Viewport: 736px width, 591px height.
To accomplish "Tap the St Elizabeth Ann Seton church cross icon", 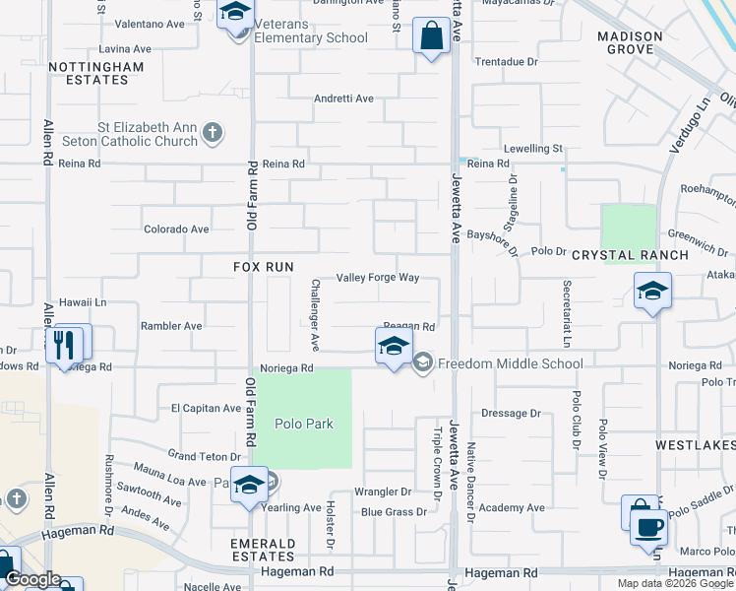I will (x=213, y=133).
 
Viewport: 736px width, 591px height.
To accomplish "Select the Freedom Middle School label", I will (x=510, y=363).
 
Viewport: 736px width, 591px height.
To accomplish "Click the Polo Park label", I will (x=304, y=425).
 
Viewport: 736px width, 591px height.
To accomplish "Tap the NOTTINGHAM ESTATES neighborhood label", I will (x=96, y=73).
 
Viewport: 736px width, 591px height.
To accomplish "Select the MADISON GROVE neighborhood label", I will (x=630, y=42).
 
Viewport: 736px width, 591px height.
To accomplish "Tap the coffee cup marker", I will (x=647, y=526).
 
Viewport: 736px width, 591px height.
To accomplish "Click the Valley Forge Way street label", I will (x=378, y=278).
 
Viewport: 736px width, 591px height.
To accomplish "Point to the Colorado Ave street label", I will (x=177, y=230).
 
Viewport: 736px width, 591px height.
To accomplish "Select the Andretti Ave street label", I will (x=343, y=98).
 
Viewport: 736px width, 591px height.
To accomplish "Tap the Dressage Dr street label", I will (x=512, y=414).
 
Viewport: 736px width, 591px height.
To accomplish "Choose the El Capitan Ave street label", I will (x=206, y=408).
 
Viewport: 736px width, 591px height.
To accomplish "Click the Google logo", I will (x=31, y=579).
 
